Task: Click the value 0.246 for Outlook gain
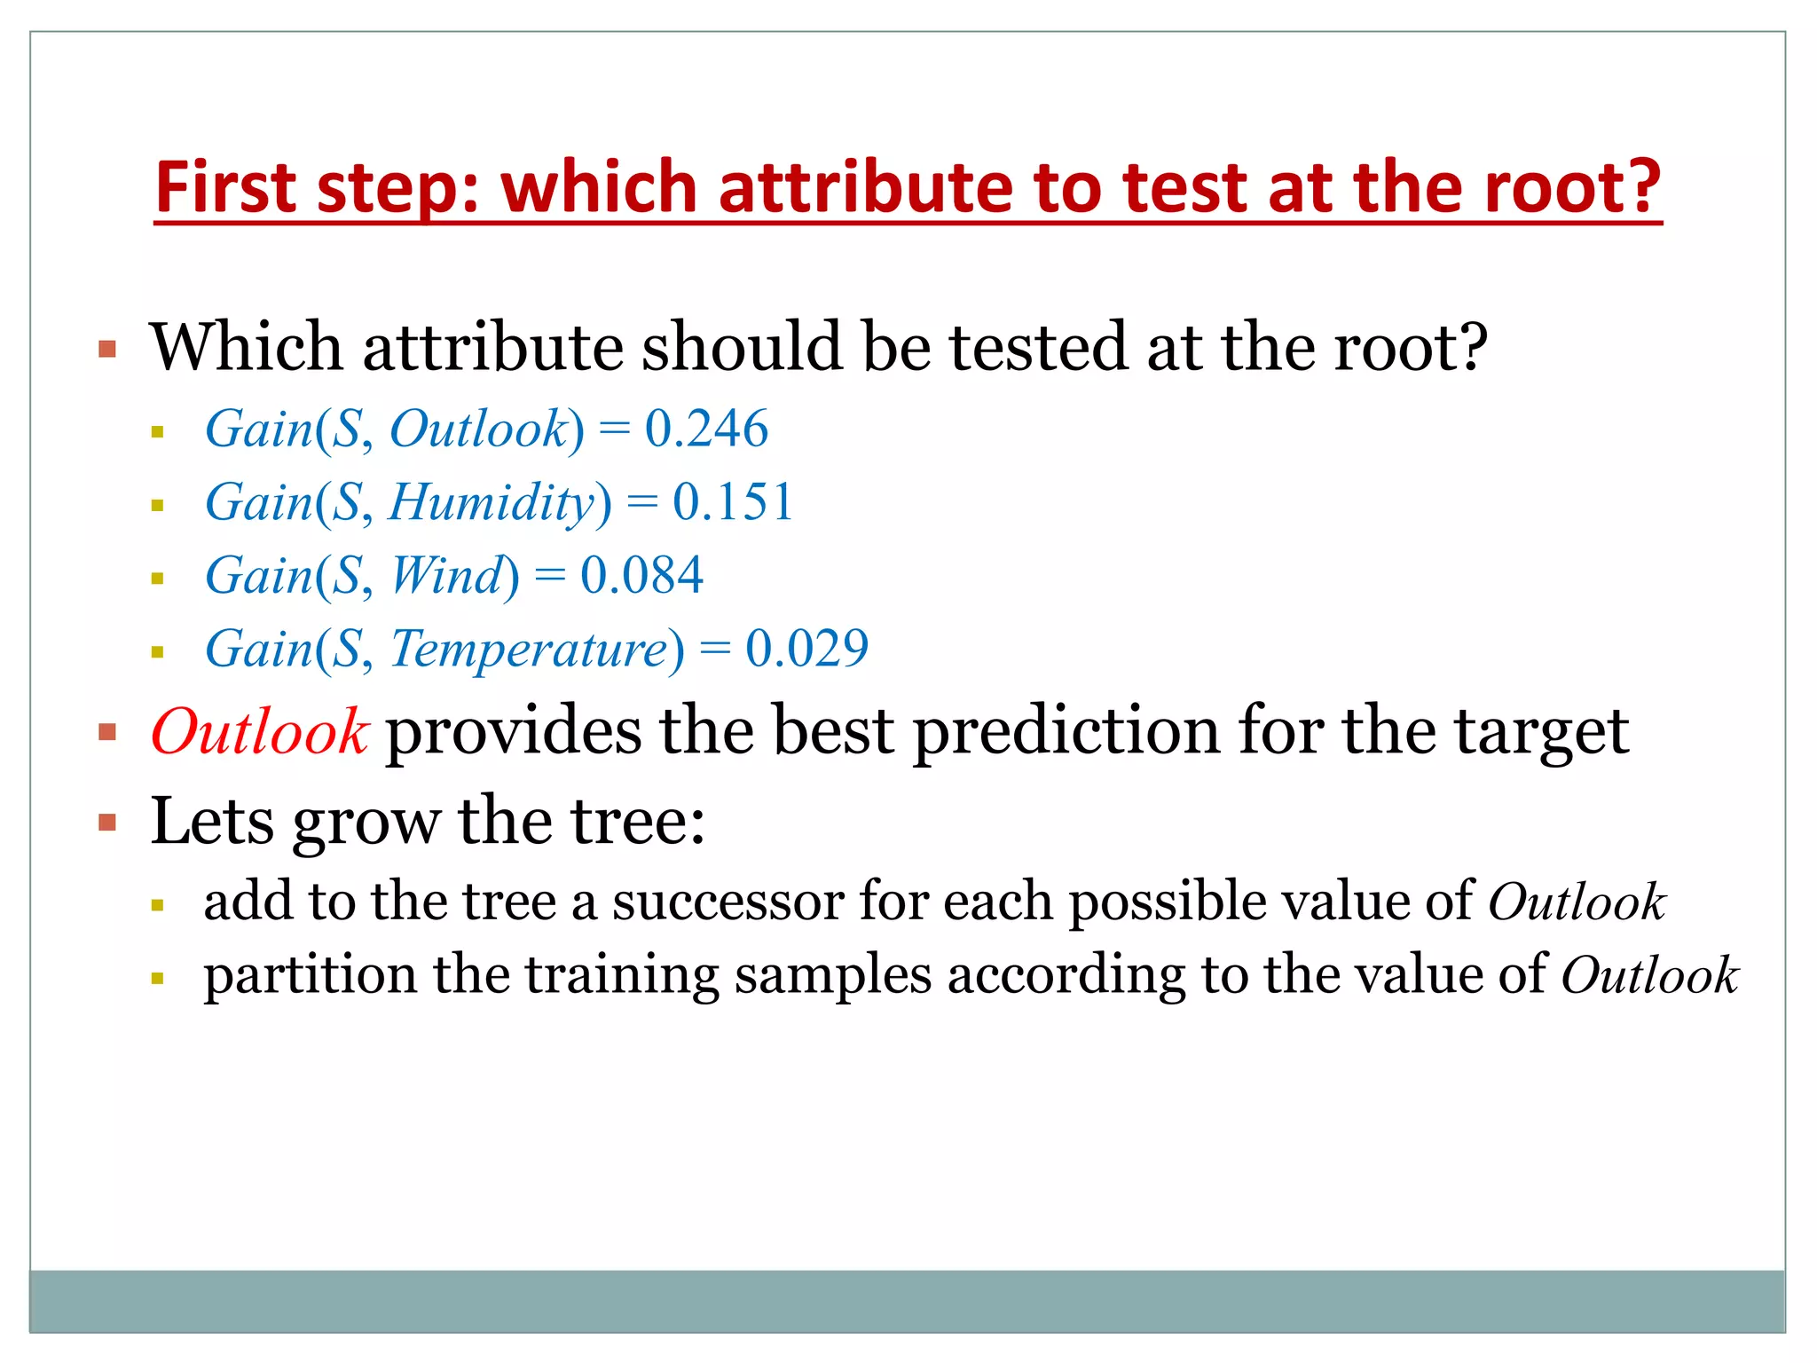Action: [x=706, y=429]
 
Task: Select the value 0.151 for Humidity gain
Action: [x=732, y=502]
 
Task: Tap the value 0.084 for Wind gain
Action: [x=641, y=575]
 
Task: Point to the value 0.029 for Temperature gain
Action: [x=806, y=649]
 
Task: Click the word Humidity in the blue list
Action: [x=491, y=502]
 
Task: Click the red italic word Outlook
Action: [x=259, y=733]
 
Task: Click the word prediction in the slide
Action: [x=1066, y=733]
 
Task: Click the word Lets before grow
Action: [x=211, y=822]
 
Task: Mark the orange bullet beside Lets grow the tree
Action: [x=107, y=823]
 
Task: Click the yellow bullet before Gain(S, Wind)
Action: [x=158, y=579]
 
